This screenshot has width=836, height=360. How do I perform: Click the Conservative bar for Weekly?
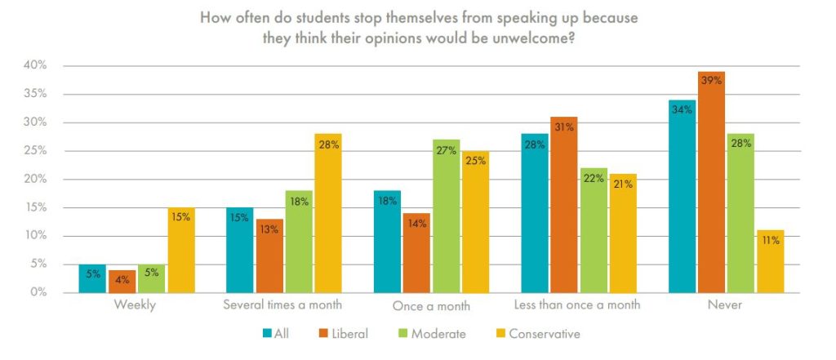coord(180,250)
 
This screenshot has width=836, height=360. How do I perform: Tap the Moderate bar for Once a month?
coord(446,216)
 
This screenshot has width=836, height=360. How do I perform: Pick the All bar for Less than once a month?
coord(535,213)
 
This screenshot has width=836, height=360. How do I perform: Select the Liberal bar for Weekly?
coord(122,281)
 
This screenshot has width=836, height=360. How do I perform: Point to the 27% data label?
coord(446,150)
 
